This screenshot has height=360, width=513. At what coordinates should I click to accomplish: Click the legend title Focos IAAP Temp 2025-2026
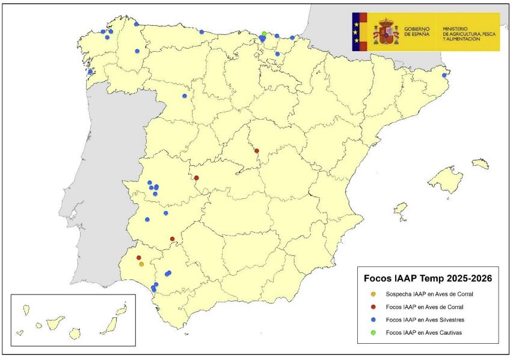coord(428,279)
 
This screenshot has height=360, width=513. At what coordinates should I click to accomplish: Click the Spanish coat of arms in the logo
coord(385,32)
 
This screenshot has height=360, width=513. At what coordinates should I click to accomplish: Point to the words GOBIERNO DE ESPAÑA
coord(417,32)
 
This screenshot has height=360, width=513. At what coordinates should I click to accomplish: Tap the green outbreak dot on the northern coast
coord(264,34)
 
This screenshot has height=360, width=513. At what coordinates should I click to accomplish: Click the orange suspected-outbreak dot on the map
coord(141,264)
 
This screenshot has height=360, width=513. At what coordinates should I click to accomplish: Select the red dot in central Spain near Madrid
coord(257,151)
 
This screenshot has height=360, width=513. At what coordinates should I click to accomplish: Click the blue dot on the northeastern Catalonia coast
coord(444,75)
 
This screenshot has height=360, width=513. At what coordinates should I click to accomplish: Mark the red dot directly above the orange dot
coord(139,258)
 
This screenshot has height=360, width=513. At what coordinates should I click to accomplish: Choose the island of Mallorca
coord(447,178)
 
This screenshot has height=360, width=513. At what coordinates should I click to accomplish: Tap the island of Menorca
coord(481,163)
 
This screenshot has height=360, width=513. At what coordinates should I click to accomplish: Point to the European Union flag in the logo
coord(359,32)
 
